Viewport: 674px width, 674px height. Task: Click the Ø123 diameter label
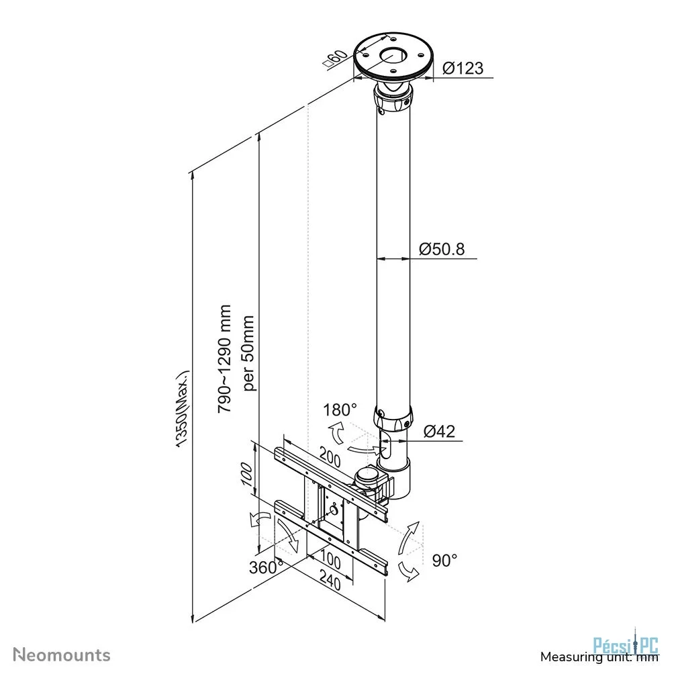click(x=463, y=68)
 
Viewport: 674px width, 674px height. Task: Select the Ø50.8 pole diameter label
click(x=442, y=249)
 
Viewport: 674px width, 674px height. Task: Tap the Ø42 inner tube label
click(x=439, y=431)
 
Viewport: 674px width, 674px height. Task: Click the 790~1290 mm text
click(x=225, y=359)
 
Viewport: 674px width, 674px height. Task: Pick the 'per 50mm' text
click(x=249, y=353)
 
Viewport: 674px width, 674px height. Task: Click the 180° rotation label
click(x=340, y=410)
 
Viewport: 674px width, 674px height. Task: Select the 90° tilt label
click(x=444, y=560)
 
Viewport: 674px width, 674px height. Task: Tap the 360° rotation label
click(x=266, y=567)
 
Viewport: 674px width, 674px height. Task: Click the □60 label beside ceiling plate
click(x=335, y=59)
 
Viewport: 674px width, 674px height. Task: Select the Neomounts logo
click(x=62, y=655)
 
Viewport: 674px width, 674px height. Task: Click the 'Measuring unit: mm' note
click(x=599, y=657)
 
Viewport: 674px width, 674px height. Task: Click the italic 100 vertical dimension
click(x=247, y=475)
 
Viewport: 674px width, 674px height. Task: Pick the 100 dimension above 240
click(x=330, y=559)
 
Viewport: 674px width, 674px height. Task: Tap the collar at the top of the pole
click(x=393, y=99)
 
